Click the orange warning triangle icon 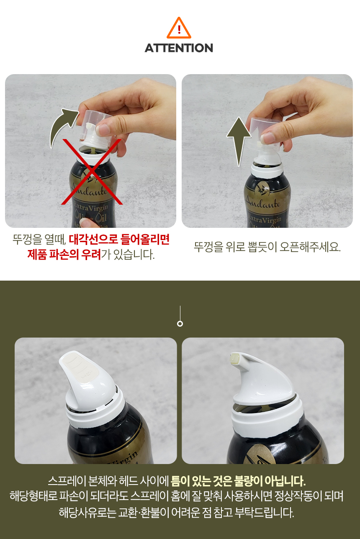tap(179, 28)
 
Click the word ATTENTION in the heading tap(179, 48)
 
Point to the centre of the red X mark tap(92, 172)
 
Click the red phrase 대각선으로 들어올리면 tap(119, 240)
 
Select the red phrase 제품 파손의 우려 tap(64, 254)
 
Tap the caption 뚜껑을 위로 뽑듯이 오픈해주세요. tap(267, 247)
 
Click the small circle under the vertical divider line tap(180, 324)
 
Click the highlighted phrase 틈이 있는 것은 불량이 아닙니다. tap(238, 481)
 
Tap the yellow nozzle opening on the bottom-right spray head tap(234, 359)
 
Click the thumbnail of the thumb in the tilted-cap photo tap(103, 129)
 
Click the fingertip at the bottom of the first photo tap(88, 223)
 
